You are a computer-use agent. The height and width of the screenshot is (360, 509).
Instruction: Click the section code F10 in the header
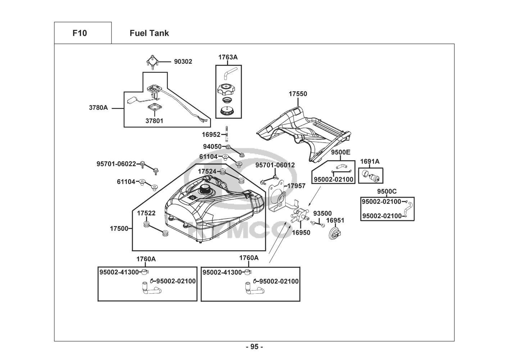click(x=79, y=33)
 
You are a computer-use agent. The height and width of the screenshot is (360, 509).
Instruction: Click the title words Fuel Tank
click(x=149, y=33)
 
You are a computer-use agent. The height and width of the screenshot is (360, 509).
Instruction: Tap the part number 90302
click(x=183, y=62)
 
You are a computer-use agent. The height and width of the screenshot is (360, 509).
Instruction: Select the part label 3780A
click(x=98, y=107)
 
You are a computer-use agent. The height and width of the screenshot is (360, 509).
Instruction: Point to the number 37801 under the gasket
click(x=154, y=121)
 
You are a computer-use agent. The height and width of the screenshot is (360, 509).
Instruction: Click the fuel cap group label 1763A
click(x=228, y=57)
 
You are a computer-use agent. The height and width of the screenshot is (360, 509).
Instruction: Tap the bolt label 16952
click(x=211, y=135)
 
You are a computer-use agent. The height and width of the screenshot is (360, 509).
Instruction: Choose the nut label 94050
click(x=212, y=147)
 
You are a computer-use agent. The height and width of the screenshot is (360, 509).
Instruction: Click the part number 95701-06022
click(x=116, y=164)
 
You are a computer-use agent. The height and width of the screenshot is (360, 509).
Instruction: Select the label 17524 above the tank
click(x=207, y=171)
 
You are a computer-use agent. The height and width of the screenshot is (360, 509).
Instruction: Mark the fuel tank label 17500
click(x=119, y=229)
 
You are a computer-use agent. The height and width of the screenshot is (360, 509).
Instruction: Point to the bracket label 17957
click(x=296, y=186)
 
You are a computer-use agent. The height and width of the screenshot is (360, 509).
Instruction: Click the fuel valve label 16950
click(x=301, y=233)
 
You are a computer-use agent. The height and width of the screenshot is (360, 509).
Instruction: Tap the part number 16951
click(x=335, y=220)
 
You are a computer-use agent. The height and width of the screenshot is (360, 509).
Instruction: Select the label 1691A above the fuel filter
click(x=370, y=162)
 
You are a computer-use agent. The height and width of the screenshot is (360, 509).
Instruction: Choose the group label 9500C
click(x=387, y=191)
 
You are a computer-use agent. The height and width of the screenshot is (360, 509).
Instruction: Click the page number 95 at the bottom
click(x=254, y=347)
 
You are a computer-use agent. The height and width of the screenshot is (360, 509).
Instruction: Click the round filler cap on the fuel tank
click(x=205, y=189)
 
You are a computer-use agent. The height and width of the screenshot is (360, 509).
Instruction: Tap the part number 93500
click(x=322, y=213)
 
